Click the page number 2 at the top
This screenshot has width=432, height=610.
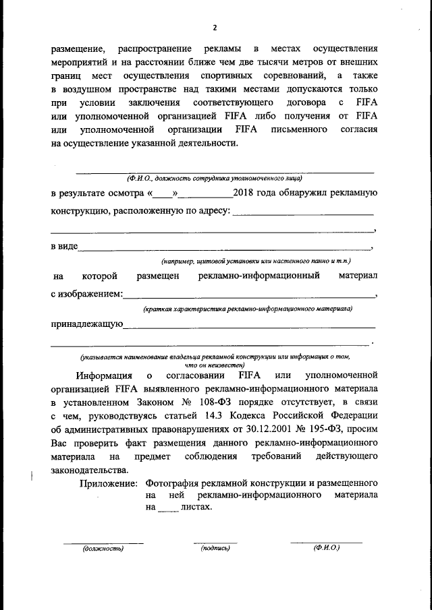pos(214,28)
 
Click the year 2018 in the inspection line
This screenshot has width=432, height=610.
pos(243,193)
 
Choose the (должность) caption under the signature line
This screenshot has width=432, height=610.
pos(103,549)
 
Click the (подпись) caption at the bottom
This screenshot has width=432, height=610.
pos(215,549)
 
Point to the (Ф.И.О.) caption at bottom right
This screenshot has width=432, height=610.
pos(326,549)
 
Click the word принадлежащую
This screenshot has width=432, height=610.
pos(86,324)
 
